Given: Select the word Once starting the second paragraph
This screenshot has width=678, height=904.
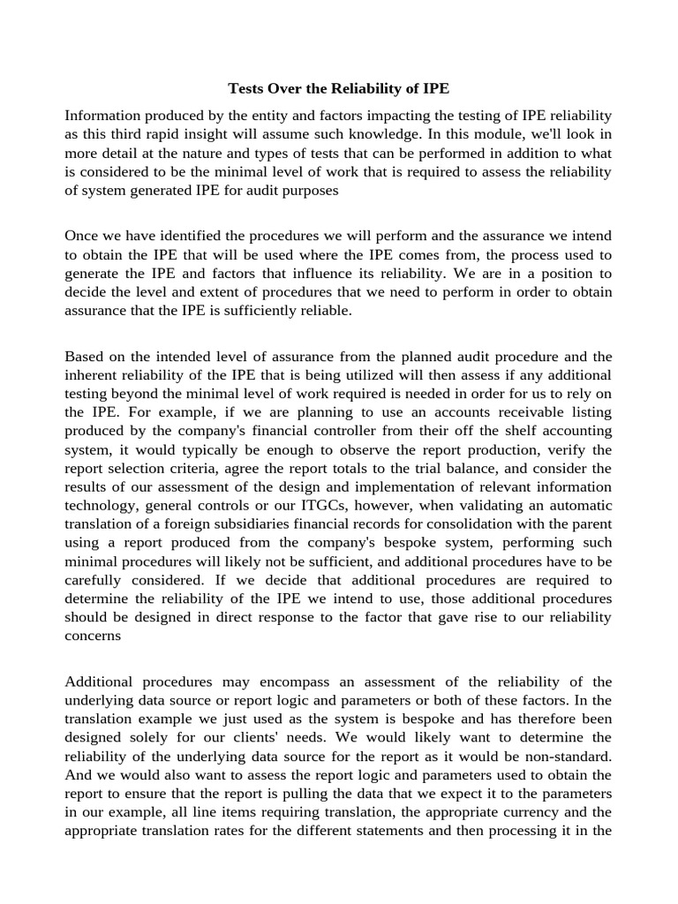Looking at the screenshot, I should (83, 236).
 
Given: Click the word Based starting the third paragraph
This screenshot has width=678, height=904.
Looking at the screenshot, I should (86, 357).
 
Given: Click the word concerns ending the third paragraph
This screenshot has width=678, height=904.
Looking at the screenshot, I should (94, 635).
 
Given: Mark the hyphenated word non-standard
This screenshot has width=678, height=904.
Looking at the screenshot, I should (569, 756).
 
